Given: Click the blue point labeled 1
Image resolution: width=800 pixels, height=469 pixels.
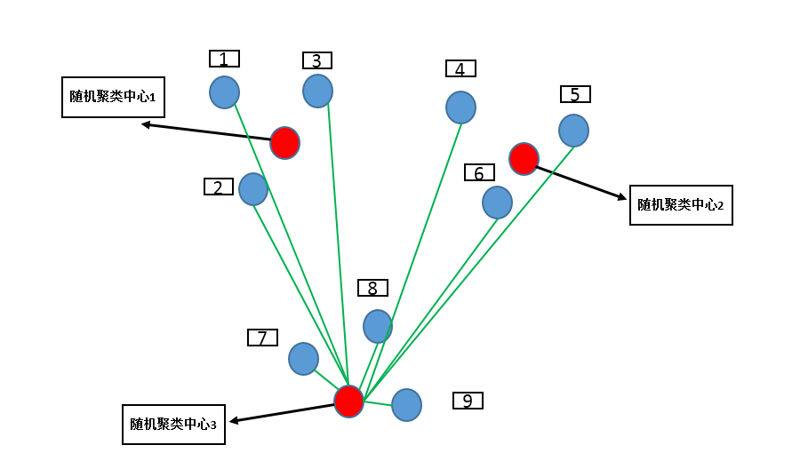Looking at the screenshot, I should coord(224,92).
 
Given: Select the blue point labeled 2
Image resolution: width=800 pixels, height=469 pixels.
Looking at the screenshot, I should coord(253,189).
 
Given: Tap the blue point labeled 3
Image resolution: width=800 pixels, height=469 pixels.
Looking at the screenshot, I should coord(317,91).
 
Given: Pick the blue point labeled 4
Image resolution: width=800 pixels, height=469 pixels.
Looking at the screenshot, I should coord(460,107).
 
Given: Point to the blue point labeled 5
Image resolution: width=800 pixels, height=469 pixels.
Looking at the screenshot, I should coord(573,131).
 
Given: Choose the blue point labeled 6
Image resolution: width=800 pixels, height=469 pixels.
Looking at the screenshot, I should coord(497,203).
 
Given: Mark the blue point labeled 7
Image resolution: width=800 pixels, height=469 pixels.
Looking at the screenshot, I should coord(303,359).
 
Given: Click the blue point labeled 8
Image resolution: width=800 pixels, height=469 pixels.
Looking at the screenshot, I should coord(378,326).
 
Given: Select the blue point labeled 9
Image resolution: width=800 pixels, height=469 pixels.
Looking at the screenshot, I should coord(406,405).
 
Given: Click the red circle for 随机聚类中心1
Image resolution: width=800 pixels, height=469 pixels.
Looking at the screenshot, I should coord(284,142).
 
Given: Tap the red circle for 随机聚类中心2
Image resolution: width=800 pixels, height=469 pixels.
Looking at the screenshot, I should coord(524,158).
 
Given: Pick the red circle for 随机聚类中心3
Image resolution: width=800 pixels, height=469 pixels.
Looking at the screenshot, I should coord(348,401).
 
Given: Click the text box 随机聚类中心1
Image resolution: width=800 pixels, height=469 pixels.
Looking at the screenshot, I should coord(113,97).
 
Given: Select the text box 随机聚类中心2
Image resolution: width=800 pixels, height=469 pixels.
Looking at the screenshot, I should coord(681,205).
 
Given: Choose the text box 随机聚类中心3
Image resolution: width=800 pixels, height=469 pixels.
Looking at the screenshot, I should coord(173,424).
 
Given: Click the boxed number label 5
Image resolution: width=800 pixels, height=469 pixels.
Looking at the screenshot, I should coord(575,94).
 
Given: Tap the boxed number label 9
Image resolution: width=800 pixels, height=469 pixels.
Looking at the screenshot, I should coord(468,401).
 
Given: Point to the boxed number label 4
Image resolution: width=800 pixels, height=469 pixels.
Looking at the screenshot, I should coord(460,68).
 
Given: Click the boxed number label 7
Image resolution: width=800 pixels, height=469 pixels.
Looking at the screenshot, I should coord(262,338).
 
